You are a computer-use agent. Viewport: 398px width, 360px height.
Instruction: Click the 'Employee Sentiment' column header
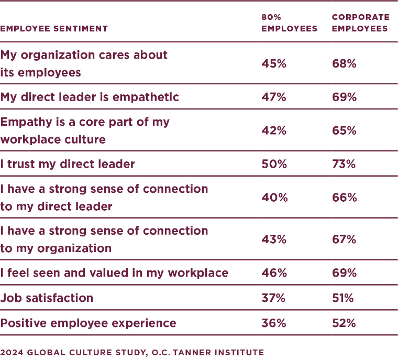click(54, 29)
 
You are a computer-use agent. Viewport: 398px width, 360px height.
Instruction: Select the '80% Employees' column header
click(289, 23)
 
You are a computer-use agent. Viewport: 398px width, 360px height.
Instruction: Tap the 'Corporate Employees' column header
click(360, 23)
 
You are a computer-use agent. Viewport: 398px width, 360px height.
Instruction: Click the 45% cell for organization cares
click(274, 63)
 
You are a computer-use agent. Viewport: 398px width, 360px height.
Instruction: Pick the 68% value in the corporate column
click(344, 63)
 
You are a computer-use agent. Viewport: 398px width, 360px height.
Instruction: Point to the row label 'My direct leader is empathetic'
click(90, 97)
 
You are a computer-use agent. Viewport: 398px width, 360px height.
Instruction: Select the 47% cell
click(274, 97)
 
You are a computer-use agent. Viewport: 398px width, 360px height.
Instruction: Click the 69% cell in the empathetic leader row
click(344, 97)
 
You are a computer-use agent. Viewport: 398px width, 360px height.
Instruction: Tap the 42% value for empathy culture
click(274, 130)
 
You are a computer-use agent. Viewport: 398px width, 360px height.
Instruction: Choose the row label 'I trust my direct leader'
click(68, 164)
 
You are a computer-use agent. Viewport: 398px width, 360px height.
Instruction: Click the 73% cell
click(344, 164)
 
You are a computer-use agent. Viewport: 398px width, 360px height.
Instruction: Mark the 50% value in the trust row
click(274, 164)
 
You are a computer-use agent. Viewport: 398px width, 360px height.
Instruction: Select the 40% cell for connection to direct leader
click(274, 198)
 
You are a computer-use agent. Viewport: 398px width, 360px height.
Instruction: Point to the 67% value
click(344, 239)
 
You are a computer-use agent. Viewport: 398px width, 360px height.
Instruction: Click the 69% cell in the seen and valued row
click(344, 273)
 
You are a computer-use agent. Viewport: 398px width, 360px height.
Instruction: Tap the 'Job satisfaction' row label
click(47, 298)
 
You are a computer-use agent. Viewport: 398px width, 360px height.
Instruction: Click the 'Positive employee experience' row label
click(88, 323)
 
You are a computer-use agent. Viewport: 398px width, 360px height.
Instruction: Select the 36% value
click(273, 323)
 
